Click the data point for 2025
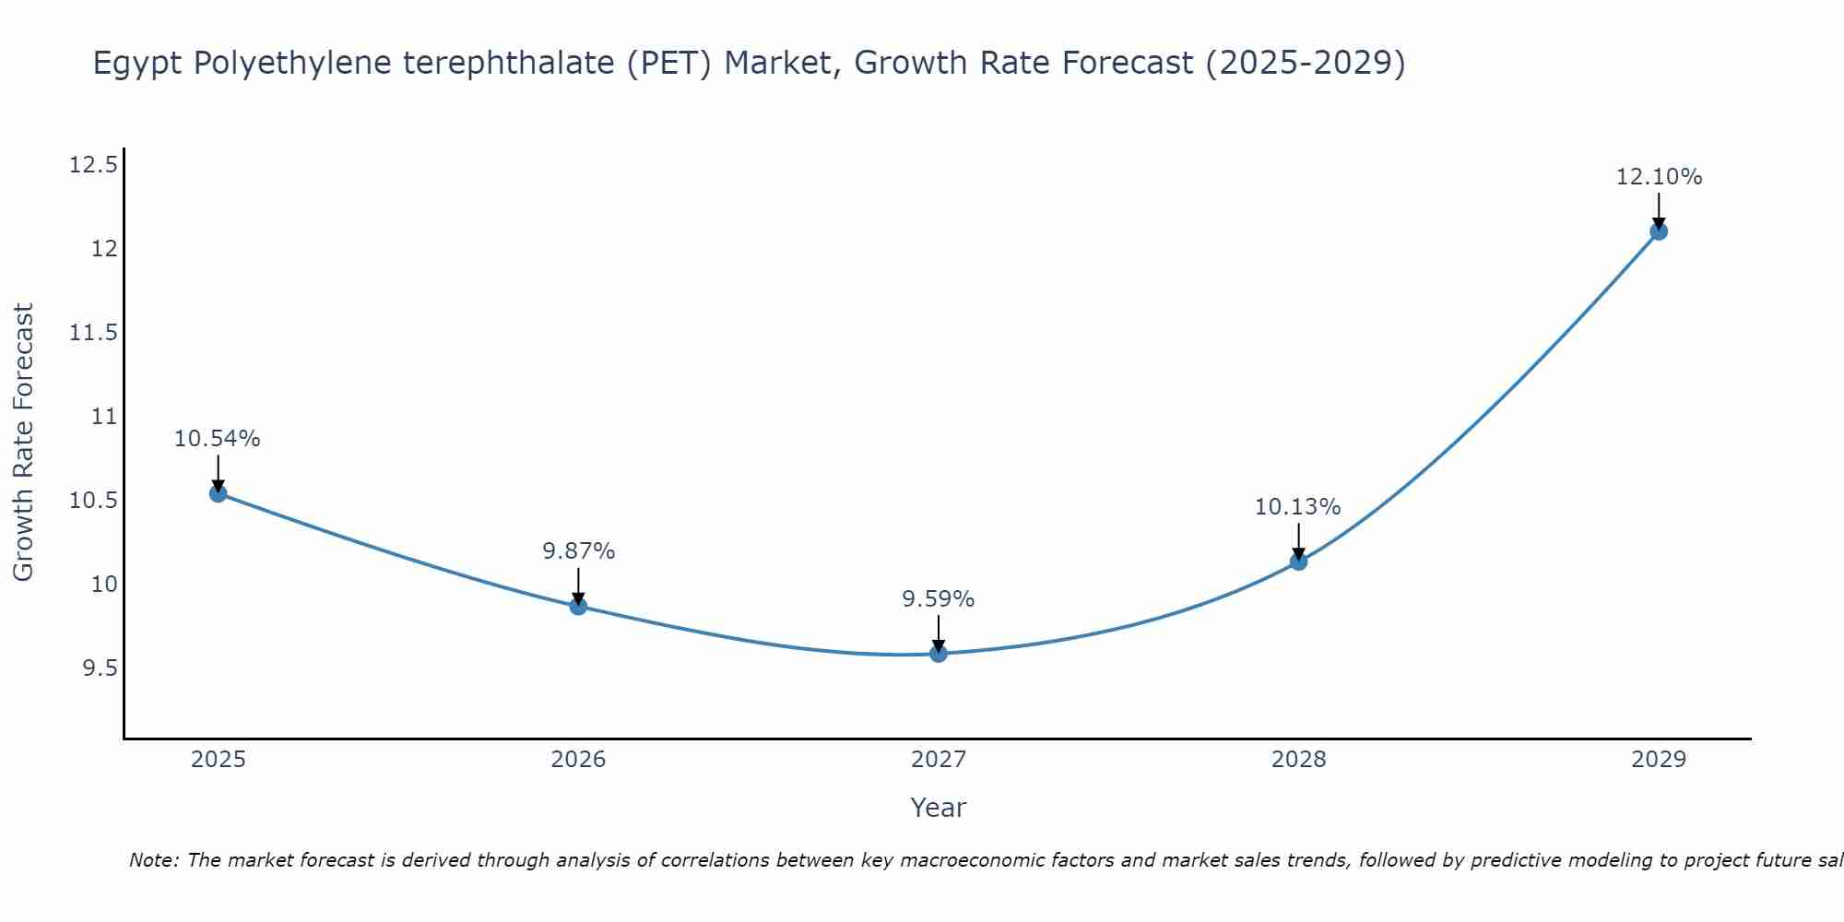(218, 493)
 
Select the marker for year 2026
(578, 606)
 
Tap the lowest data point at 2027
(939, 654)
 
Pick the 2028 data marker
(1298, 561)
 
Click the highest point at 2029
(1659, 231)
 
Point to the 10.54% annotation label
(218, 439)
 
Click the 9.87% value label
(578, 551)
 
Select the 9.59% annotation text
(939, 599)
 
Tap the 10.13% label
(1298, 507)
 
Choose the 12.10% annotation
(1659, 177)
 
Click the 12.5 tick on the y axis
(93, 165)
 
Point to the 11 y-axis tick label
(105, 417)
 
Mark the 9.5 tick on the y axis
(100, 668)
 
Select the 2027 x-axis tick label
(939, 760)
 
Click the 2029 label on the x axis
(1659, 760)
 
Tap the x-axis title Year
(939, 808)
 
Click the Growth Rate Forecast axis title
(24, 443)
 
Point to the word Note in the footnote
(153, 860)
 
